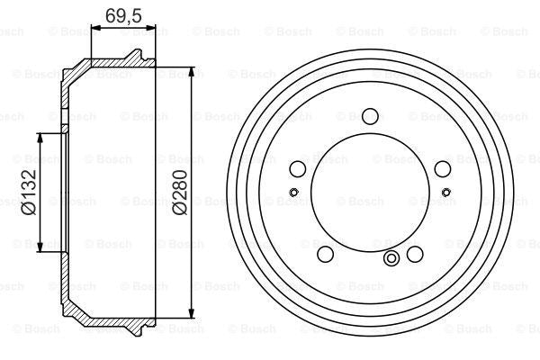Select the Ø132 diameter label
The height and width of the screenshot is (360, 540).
click(x=28, y=192)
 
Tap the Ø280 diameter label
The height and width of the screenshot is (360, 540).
click(x=181, y=192)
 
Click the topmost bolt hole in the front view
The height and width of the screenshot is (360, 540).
click(x=369, y=115)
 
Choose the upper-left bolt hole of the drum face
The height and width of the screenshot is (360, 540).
click(x=298, y=168)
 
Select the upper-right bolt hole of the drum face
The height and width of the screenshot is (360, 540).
click(x=441, y=168)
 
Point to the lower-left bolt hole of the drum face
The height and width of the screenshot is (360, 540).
click(x=326, y=252)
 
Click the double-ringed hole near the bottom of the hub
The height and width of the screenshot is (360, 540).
click(x=391, y=260)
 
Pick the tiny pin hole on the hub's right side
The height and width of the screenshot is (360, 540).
click(x=445, y=191)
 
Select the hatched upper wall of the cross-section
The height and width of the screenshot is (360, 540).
click(x=108, y=64)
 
